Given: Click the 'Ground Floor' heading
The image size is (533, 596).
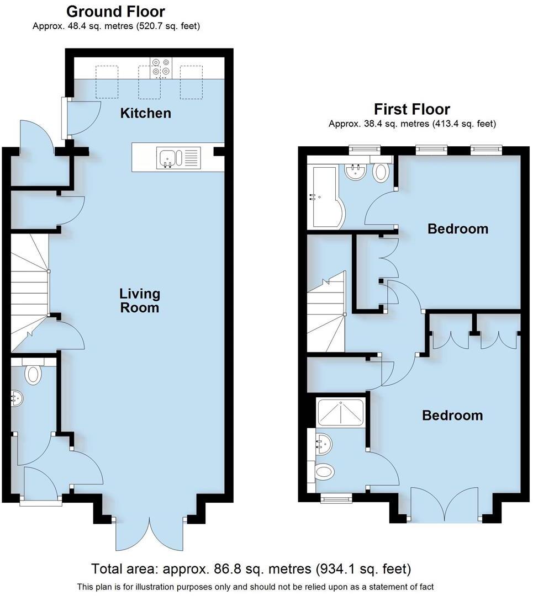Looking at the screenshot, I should point(115,11).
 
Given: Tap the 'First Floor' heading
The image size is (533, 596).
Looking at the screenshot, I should point(411,109).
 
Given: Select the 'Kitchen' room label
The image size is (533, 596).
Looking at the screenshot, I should point(146,113).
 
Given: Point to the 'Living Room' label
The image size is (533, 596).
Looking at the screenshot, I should point(140,300).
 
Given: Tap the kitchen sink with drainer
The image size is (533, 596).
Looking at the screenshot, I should point(178,158).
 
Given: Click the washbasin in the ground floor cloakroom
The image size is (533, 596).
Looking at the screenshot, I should point(17,398).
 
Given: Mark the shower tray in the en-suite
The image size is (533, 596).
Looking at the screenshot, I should point(341,412).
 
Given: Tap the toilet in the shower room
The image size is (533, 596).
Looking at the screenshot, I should point(324,472).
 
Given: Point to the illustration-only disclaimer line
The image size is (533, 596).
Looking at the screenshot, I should point(255,587).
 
